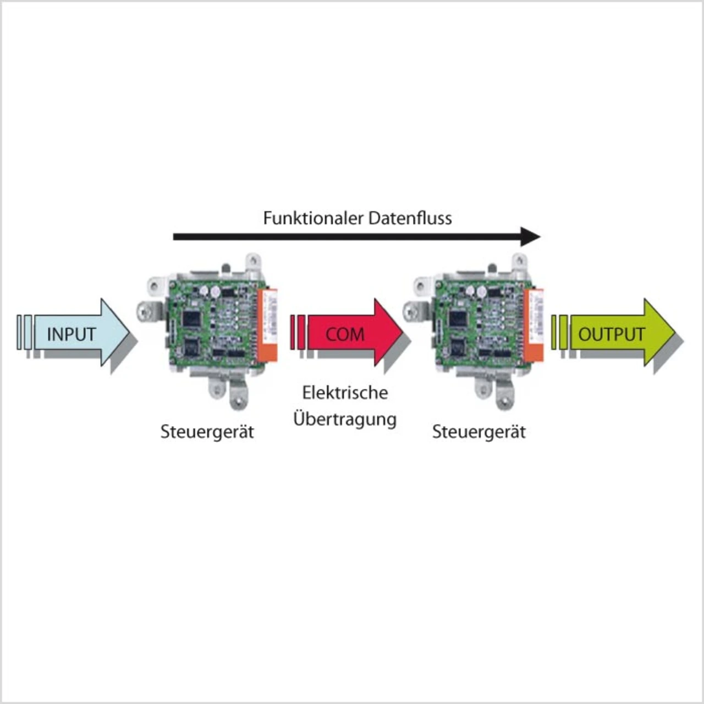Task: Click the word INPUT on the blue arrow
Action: pyautogui.click(x=71, y=334)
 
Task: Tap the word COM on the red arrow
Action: pyautogui.click(x=345, y=334)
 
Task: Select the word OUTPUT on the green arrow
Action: pyautogui.click(x=611, y=334)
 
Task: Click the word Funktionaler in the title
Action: pyautogui.click(x=313, y=218)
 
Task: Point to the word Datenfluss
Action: pyautogui.click(x=410, y=218)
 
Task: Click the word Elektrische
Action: pyautogui.click(x=345, y=393)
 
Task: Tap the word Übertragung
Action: pyautogui.click(x=345, y=419)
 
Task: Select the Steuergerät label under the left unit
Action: pyautogui.click(x=207, y=432)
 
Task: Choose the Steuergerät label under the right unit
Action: pyautogui.click(x=479, y=432)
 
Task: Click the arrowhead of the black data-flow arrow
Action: pyautogui.click(x=531, y=237)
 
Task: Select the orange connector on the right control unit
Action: pyautogui.click(x=534, y=324)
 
